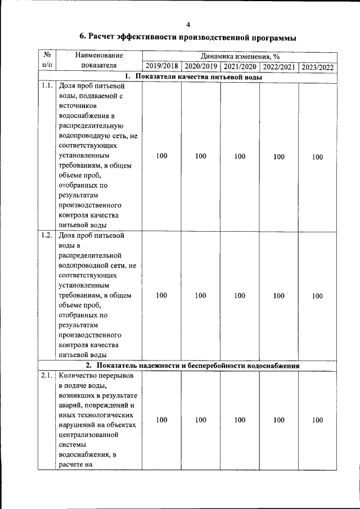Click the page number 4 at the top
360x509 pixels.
tap(188, 24)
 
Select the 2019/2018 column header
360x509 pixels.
tap(161, 66)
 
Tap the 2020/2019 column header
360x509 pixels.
tap(201, 66)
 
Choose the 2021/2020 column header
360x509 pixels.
tap(240, 66)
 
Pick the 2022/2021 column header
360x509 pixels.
tap(279, 66)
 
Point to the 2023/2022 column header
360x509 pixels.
tap(318, 66)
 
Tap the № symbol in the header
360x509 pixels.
tap(47, 55)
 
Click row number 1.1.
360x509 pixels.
tap(47, 87)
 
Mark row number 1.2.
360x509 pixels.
tap(47, 235)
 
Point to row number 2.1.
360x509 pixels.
tap(47, 376)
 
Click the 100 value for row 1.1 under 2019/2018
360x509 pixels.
tap(161, 156)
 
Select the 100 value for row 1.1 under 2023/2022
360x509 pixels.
tap(318, 157)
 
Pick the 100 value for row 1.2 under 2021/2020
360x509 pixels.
tap(240, 295)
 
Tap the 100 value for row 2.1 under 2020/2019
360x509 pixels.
tap(201, 420)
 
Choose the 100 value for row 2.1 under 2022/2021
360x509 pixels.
tap(279, 420)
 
